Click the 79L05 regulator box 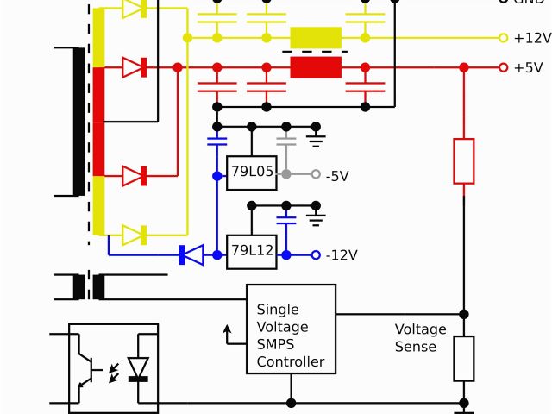[x=251, y=173]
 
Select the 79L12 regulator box [x=251, y=252]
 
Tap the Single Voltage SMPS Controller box [x=291, y=329]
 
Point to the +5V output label [x=528, y=67]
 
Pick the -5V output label [x=337, y=176]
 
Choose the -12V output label [x=342, y=255]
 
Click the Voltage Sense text [x=421, y=337]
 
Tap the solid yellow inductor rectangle [x=316, y=38]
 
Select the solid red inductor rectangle [x=316, y=67]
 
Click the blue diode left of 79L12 [x=191, y=254]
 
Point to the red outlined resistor [x=464, y=160]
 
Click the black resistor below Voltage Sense [x=464, y=359]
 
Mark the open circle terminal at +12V [x=503, y=38]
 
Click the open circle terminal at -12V [x=316, y=254]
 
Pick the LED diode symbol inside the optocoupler [x=138, y=368]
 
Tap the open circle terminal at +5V [x=503, y=67]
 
